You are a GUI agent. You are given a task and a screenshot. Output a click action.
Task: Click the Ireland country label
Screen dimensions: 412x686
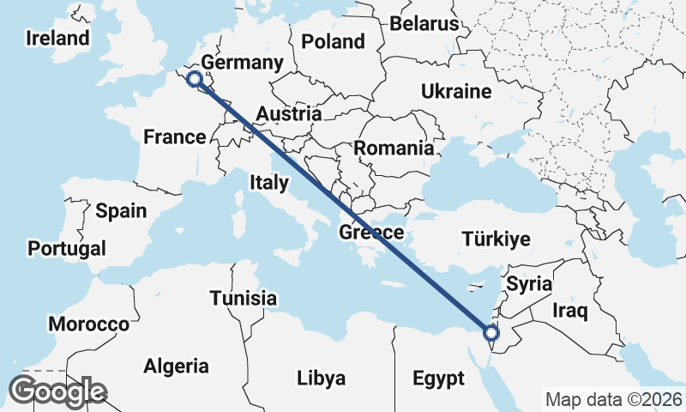(x=57, y=38)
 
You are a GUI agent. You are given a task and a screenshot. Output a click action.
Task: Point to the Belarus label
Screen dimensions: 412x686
(x=424, y=23)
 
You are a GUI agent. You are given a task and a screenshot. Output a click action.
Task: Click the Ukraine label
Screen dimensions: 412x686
(x=455, y=92)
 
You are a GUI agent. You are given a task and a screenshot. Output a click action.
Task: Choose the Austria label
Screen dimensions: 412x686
(x=289, y=114)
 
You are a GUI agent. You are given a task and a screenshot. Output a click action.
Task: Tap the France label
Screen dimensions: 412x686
(x=175, y=136)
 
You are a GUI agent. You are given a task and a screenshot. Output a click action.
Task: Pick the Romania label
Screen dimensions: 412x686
(x=394, y=148)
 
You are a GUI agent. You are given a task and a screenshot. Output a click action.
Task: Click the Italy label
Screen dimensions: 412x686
(x=270, y=182)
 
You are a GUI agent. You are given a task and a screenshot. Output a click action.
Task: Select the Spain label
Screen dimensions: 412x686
(x=121, y=210)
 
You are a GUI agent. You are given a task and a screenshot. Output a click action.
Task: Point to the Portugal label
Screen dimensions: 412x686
(x=67, y=249)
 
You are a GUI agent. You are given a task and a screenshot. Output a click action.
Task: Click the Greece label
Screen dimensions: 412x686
(x=371, y=233)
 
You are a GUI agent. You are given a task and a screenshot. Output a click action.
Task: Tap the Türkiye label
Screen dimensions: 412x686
(x=496, y=239)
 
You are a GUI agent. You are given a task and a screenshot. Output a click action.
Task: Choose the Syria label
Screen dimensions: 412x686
(x=529, y=282)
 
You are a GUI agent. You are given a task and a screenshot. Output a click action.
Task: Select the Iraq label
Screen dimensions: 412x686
(x=569, y=310)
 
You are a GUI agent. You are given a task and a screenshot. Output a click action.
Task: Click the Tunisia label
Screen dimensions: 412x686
(x=244, y=299)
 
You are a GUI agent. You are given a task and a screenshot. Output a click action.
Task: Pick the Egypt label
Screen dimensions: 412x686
(x=437, y=379)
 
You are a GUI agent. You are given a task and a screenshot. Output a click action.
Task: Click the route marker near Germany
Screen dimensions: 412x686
(x=195, y=80)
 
